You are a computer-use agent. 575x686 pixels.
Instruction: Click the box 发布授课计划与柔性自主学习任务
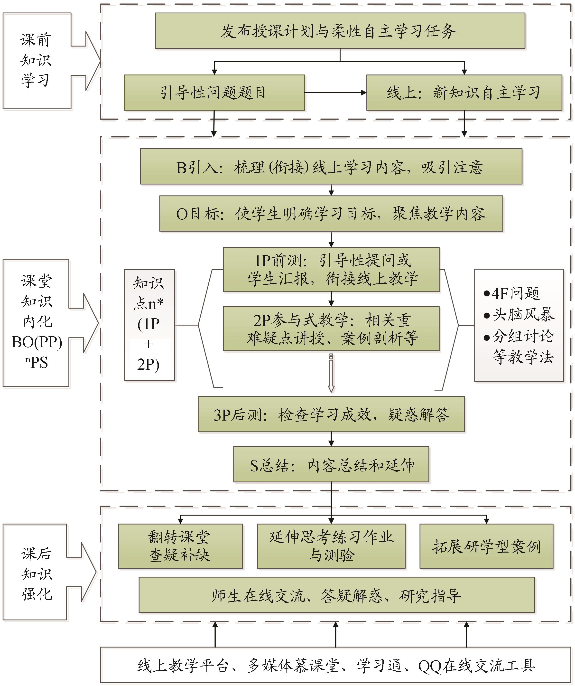click(340, 31)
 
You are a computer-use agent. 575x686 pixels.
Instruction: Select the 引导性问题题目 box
click(214, 93)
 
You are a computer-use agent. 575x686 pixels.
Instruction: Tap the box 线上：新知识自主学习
click(464, 93)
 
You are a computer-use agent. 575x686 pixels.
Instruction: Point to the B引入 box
click(331, 167)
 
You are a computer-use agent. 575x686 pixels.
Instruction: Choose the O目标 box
click(331, 214)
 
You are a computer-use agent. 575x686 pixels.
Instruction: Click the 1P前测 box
click(331, 270)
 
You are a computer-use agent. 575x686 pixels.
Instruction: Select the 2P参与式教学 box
click(331, 328)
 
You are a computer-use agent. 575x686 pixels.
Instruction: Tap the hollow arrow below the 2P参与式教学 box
click(331, 372)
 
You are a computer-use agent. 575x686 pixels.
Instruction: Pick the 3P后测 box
click(331, 414)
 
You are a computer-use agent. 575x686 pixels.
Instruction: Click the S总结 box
click(331, 464)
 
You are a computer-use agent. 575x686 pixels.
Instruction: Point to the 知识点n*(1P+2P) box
click(149, 325)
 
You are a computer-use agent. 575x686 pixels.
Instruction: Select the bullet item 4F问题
click(513, 293)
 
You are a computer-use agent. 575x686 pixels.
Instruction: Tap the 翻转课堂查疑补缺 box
click(180, 546)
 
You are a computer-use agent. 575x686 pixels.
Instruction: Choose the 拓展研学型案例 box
click(486, 546)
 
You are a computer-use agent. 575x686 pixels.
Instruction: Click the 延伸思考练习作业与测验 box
click(331, 546)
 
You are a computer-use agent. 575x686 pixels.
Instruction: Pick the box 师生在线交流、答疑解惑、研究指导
click(337, 594)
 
